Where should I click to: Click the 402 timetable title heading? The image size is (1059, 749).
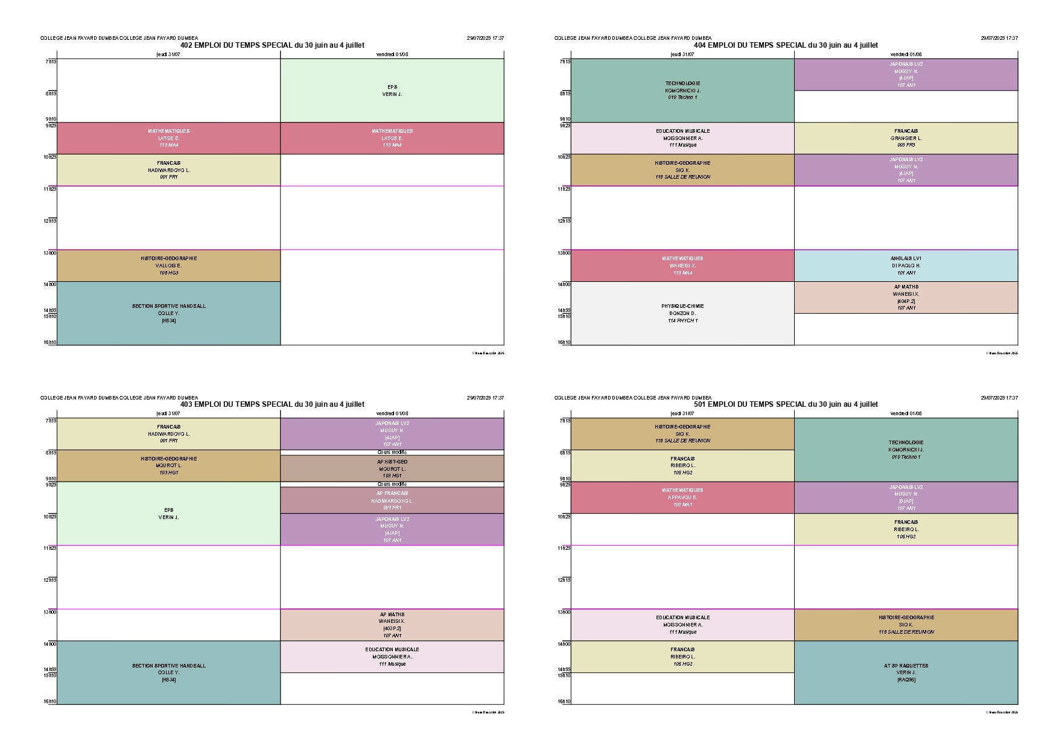pyautogui.click(x=272, y=45)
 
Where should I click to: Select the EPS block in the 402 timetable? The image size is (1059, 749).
pyautogui.click(x=392, y=91)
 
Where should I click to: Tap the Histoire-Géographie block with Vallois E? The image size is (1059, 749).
pyautogui.click(x=168, y=266)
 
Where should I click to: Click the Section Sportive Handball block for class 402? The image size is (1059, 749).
pyautogui.click(x=168, y=313)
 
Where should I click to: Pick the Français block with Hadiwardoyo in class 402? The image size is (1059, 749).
pyautogui.click(x=168, y=170)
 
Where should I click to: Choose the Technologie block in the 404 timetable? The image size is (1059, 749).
pyautogui.click(x=682, y=91)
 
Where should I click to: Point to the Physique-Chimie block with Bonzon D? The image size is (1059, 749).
pyautogui.click(x=682, y=313)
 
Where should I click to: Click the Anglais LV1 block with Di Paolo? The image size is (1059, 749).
pyautogui.click(x=906, y=266)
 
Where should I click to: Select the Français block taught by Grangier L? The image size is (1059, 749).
pyautogui.click(x=906, y=138)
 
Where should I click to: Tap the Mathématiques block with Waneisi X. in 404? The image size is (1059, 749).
pyautogui.click(x=682, y=266)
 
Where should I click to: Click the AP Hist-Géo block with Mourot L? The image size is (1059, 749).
pyautogui.click(x=392, y=468)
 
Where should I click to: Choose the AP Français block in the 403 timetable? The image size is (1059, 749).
pyautogui.click(x=392, y=500)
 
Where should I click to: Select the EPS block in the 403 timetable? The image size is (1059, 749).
pyautogui.click(x=168, y=514)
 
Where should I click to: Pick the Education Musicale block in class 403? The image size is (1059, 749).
pyautogui.click(x=392, y=657)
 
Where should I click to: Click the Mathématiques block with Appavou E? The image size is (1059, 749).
pyautogui.click(x=682, y=497)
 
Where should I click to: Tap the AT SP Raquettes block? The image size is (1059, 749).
pyautogui.click(x=906, y=672)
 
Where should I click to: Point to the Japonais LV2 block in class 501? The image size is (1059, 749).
pyautogui.click(x=906, y=497)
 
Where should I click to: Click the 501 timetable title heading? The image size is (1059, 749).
pyautogui.click(x=786, y=404)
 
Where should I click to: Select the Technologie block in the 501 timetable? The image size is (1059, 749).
pyautogui.click(x=906, y=450)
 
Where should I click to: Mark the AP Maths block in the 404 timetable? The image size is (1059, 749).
pyautogui.click(x=906, y=298)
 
